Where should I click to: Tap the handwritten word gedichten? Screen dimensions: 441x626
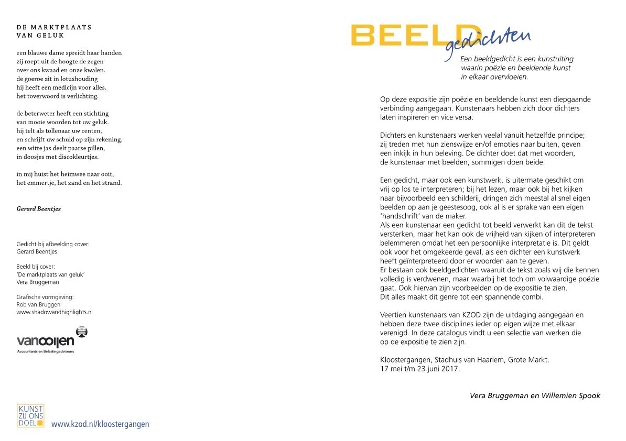488,41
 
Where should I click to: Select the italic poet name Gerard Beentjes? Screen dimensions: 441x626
39,208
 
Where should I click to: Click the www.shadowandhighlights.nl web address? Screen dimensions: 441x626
55,312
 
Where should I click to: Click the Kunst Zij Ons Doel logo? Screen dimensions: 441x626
30,415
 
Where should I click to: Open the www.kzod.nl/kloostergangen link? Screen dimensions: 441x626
100,424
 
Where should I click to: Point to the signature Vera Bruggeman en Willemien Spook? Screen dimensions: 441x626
535,395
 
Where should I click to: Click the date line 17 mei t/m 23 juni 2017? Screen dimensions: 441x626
419,369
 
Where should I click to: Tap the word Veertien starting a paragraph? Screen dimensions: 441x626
394,315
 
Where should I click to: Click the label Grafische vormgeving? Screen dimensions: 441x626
45,297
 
